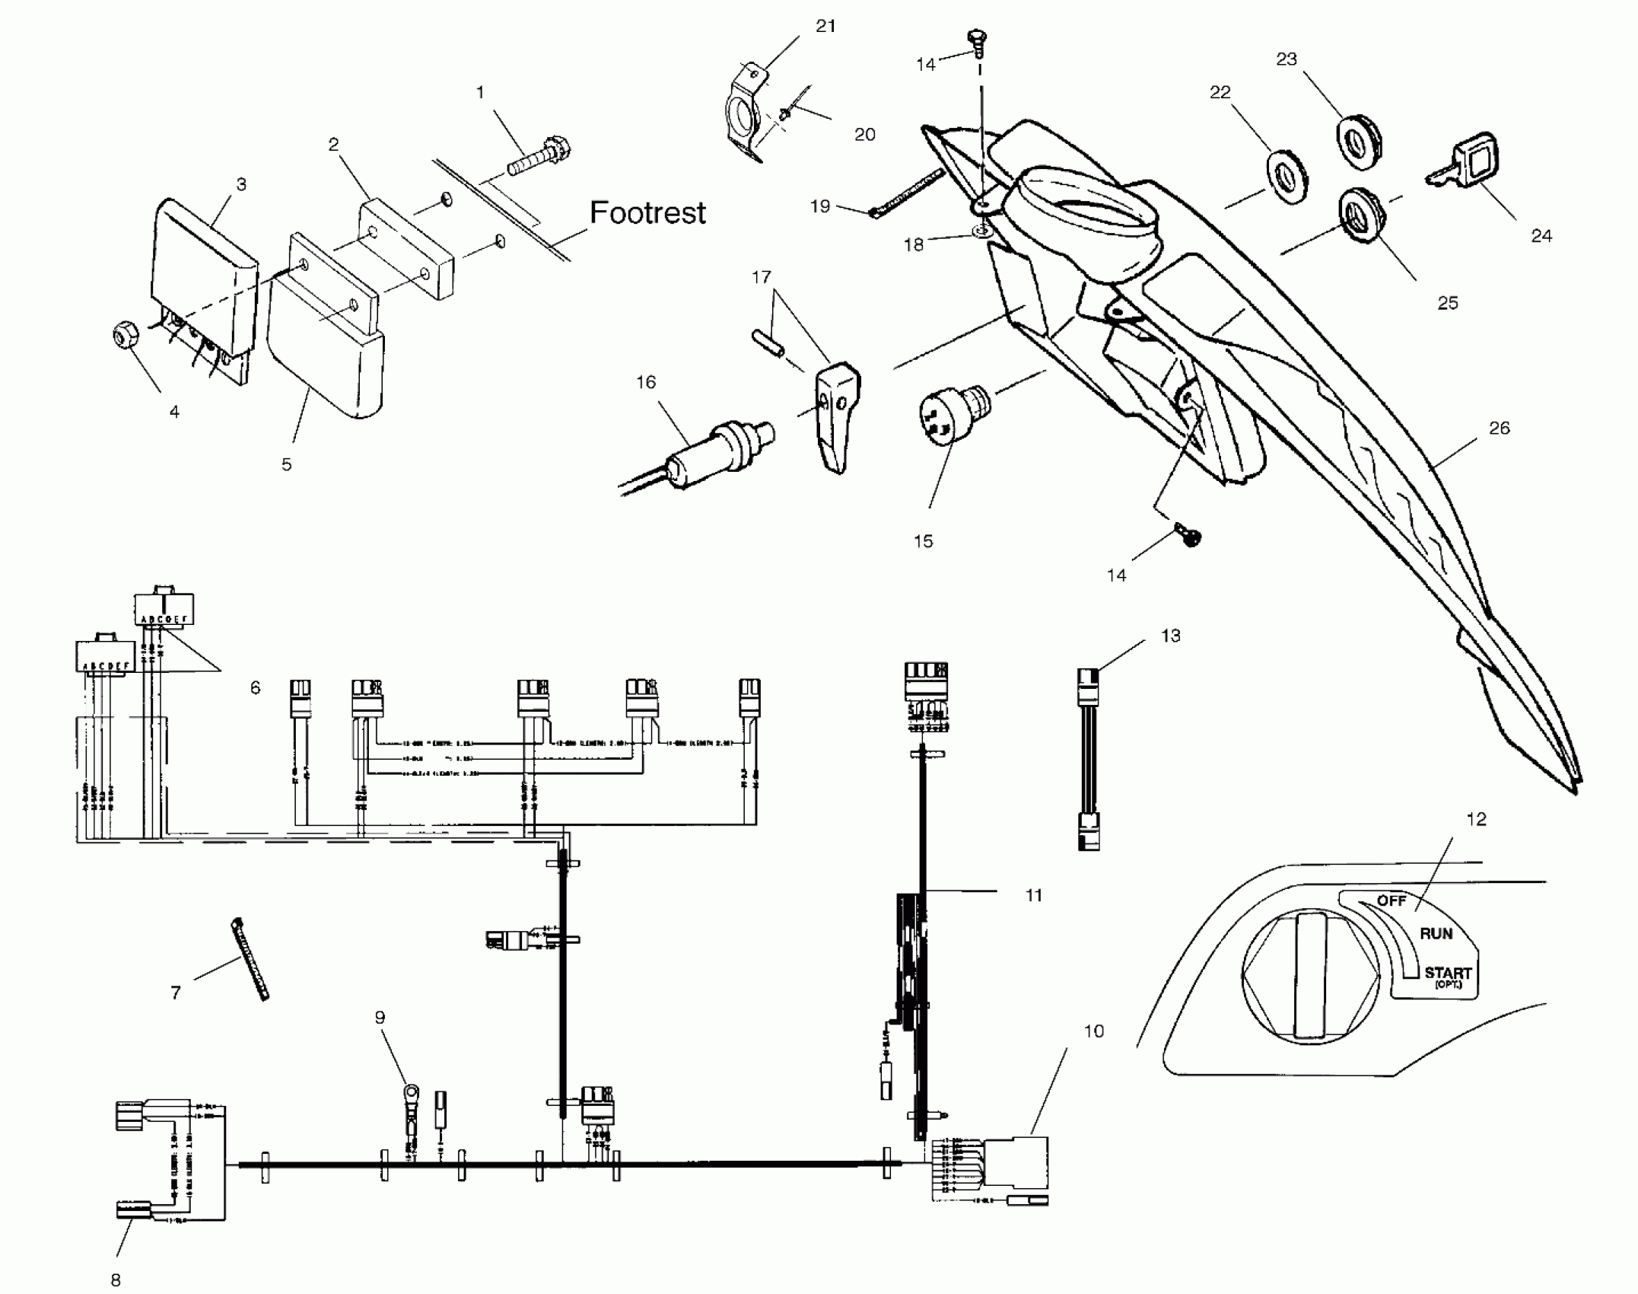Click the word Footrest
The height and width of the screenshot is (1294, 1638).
coord(647,213)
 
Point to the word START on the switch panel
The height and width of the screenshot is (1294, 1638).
coord(1447,973)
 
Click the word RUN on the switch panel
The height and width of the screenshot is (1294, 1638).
coord(1436,933)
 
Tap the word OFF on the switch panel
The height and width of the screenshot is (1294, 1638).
coord(1392,900)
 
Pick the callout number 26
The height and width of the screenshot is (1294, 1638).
coord(1499,429)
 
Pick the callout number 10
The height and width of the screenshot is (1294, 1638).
coord(1093,1031)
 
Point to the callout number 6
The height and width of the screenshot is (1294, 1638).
coord(255,688)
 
